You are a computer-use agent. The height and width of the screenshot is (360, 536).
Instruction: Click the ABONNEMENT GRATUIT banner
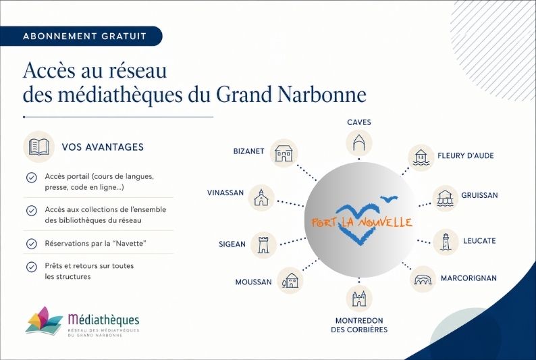click(x=81, y=36)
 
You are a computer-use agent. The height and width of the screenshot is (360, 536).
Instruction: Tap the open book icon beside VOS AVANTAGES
click(x=38, y=147)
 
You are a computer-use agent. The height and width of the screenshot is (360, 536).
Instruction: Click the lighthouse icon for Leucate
click(x=446, y=242)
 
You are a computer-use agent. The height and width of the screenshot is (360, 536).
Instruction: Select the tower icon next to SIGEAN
click(x=263, y=245)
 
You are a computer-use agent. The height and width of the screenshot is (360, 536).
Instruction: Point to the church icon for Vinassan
click(x=261, y=198)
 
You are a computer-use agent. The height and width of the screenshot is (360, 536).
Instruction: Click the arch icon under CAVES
click(x=359, y=143)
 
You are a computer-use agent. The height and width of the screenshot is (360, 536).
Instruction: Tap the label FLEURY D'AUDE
click(x=466, y=155)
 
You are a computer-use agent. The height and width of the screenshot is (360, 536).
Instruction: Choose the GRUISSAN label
click(x=479, y=195)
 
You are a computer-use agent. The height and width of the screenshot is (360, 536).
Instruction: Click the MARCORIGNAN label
click(x=468, y=278)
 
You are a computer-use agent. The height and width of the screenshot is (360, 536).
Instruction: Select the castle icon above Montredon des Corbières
click(x=359, y=299)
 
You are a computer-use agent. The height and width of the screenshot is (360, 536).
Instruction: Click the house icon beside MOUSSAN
click(x=290, y=281)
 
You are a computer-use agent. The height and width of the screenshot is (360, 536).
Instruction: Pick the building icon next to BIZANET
click(x=284, y=153)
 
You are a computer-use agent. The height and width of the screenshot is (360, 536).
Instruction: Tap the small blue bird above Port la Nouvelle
click(x=389, y=199)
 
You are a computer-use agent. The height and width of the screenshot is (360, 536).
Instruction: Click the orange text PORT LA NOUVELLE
click(x=362, y=223)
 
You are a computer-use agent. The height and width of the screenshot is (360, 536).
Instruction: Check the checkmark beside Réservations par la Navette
click(x=32, y=243)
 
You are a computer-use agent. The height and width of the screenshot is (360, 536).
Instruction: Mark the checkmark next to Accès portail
click(x=32, y=178)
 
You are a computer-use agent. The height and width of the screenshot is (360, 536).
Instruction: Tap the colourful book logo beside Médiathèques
click(x=44, y=320)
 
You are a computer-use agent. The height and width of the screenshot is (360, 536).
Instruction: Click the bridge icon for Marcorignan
click(x=423, y=279)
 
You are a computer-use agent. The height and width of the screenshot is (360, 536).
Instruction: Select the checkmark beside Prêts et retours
click(x=32, y=267)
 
